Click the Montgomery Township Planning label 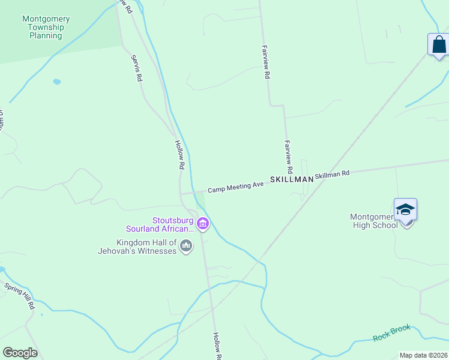tap(46, 28)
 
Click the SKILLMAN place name tap(292, 179)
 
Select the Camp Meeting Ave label tap(236, 187)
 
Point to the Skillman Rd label tap(332, 175)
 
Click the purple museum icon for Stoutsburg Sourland tap(203, 224)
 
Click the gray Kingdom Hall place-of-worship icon tap(186, 245)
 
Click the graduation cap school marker tap(405, 209)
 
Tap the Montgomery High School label tap(374, 221)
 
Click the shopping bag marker tap(439, 44)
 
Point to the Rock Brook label tap(392, 332)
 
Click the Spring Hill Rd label tap(20, 295)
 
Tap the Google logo tap(20, 353)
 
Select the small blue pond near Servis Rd tap(56, 81)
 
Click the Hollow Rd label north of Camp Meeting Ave tap(179, 154)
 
